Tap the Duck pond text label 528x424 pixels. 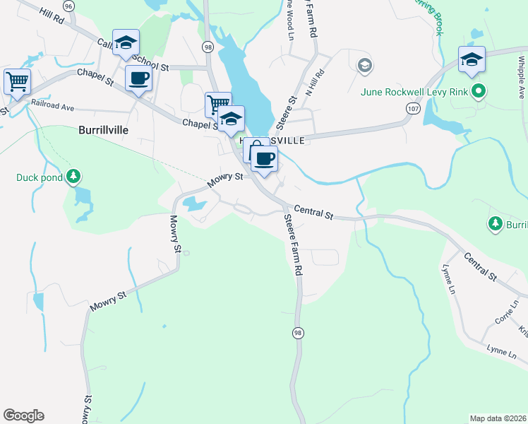tap(40, 177)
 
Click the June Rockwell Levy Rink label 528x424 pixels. tap(414, 91)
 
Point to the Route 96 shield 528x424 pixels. tap(68, 5)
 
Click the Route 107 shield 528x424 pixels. tap(412, 108)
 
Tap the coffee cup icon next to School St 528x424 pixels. tap(138, 78)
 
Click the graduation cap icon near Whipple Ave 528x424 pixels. tap(472, 59)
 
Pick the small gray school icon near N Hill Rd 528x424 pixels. tap(364, 66)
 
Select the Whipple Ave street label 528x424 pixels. tap(520, 66)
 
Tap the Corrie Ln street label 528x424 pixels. tap(507, 312)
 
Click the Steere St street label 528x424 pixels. tap(288, 112)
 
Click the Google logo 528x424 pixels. tap(23, 416)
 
